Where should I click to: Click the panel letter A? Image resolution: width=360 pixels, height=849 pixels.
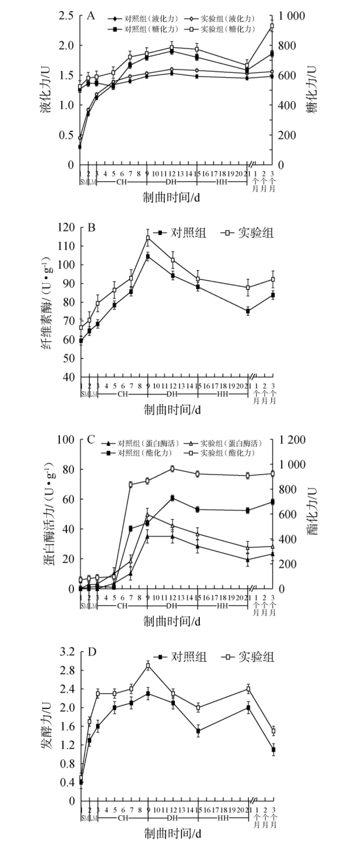(91, 16)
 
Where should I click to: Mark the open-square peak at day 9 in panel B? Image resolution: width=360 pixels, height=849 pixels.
(148, 238)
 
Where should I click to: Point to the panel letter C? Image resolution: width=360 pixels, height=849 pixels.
(91, 440)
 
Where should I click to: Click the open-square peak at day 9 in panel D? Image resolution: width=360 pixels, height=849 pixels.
(148, 666)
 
